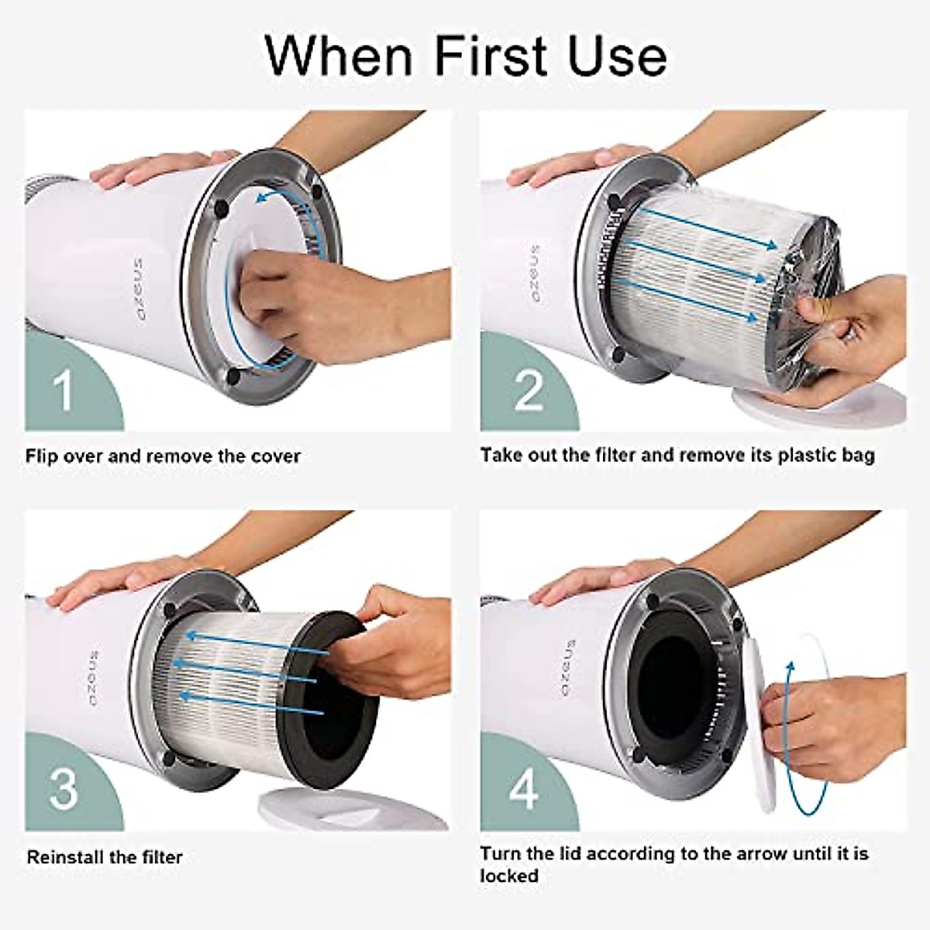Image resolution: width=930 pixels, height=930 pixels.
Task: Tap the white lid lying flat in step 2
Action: (821, 405)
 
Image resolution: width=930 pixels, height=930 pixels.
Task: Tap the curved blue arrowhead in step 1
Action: (262, 196)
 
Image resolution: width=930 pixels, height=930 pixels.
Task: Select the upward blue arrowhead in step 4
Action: (790, 668)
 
